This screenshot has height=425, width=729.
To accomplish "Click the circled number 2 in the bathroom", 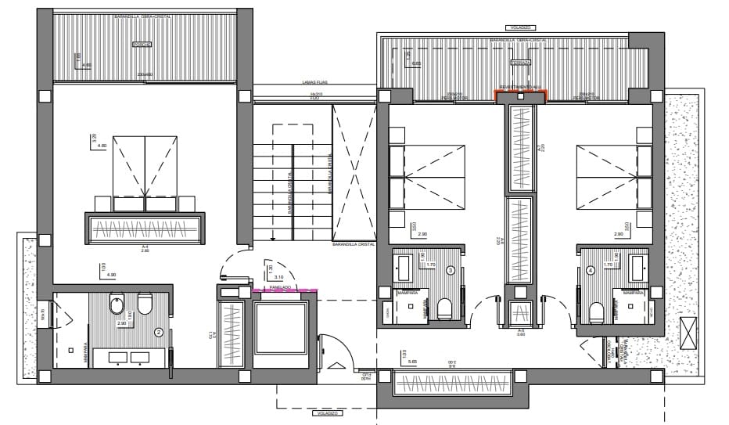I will pyautogui.click(x=159, y=332).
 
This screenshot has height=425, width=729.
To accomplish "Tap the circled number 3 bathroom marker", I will pyautogui.click(x=451, y=271).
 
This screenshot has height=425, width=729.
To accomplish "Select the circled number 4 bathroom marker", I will pyautogui.click(x=590, y=271).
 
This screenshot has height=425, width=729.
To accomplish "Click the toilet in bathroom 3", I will pyautogui.click(x=445, y=310).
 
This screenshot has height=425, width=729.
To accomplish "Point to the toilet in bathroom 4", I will pyautogui.click(x=596, y=311).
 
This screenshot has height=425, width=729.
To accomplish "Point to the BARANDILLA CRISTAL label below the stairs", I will pyautogui.click(x=353, y=244).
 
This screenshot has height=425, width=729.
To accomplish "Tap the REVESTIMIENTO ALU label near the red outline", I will pyautogui.click(x=522, y=88).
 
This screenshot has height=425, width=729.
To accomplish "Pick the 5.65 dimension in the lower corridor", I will pyautogui.click(x=413, y=362).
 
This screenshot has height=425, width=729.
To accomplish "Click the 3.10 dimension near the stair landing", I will pyautogui.click(x=278, y=277).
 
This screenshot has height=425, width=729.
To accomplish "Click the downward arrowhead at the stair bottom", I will pyautogui.click(x=272, y=238).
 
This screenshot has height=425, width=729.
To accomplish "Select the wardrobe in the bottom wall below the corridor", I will pyautogui.click(x=454, y=385).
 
